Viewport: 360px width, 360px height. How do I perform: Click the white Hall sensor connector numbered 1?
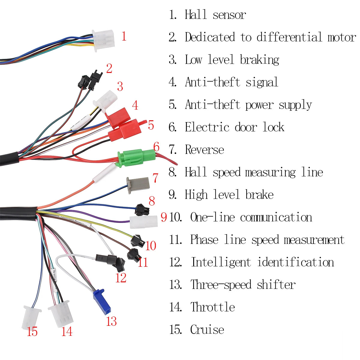tap(103, 40)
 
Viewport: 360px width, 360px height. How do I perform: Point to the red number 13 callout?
tap(111, 321)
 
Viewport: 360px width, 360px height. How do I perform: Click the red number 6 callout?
tap(156, 147)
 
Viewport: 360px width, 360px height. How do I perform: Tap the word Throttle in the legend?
tap(213, 307)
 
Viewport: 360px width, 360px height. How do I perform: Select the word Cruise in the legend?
tap(207, 329)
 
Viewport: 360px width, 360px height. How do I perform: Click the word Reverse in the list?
tap(204, 149)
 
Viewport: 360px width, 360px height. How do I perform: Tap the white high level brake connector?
tap(143, 222)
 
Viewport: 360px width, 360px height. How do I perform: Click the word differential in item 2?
tap(289, 37)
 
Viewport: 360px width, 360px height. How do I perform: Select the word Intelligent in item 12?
tap(221, 262)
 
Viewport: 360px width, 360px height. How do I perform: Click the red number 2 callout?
tap(109, 68)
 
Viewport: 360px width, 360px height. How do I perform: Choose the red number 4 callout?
tap(135, 105)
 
